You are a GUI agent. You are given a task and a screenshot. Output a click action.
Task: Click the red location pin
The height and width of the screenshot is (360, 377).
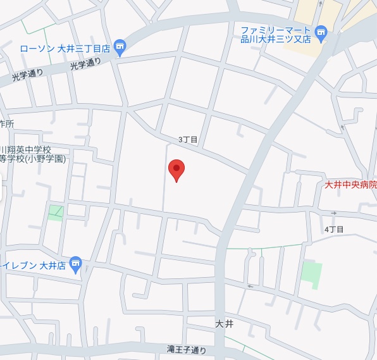(x=176, y=170)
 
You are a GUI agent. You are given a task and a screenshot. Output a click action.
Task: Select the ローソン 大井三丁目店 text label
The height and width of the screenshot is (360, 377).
(x=65, y=48)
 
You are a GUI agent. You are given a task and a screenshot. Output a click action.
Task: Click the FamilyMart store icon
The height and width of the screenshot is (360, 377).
(x=321, y=32)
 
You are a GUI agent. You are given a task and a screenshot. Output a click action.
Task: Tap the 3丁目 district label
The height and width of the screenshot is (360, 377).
(x=188, y=140)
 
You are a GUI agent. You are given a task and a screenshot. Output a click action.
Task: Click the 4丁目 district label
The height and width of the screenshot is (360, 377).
(x=333, y=229)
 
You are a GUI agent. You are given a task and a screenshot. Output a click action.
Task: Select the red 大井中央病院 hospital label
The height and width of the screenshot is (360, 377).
(x=350, y=185)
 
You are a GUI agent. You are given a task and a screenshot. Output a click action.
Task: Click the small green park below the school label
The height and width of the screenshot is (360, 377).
(x=56, y=212)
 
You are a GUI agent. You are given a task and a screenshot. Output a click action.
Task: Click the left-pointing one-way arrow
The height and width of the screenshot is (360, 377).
(x=250, y=286)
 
